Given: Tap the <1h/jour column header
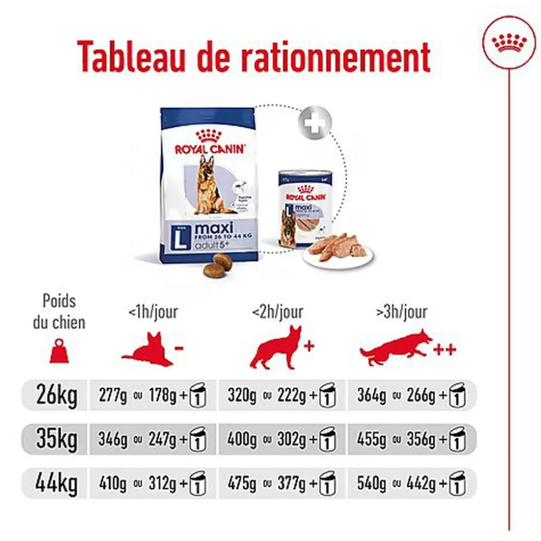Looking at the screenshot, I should [x=153, y=313].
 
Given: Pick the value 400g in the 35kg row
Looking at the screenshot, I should [x=241, y=440].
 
